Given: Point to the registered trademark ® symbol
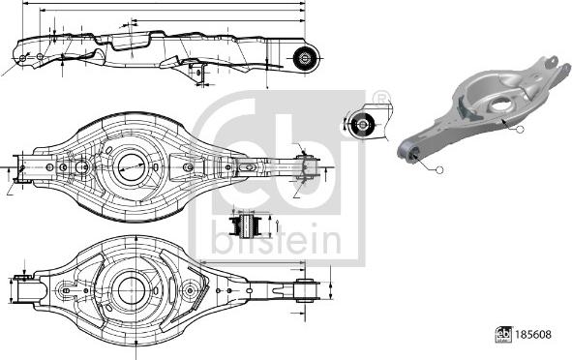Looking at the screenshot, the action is point(380,97).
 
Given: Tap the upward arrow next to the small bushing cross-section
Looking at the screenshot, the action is point(277,225).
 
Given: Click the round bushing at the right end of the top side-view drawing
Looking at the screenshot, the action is point(305,56).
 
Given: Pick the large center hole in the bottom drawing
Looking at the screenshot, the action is point(128,287).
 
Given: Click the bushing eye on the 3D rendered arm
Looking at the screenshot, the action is point(408,149).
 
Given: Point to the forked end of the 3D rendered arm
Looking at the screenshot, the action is point(553,66).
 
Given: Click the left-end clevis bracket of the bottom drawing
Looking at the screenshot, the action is point(26,288).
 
